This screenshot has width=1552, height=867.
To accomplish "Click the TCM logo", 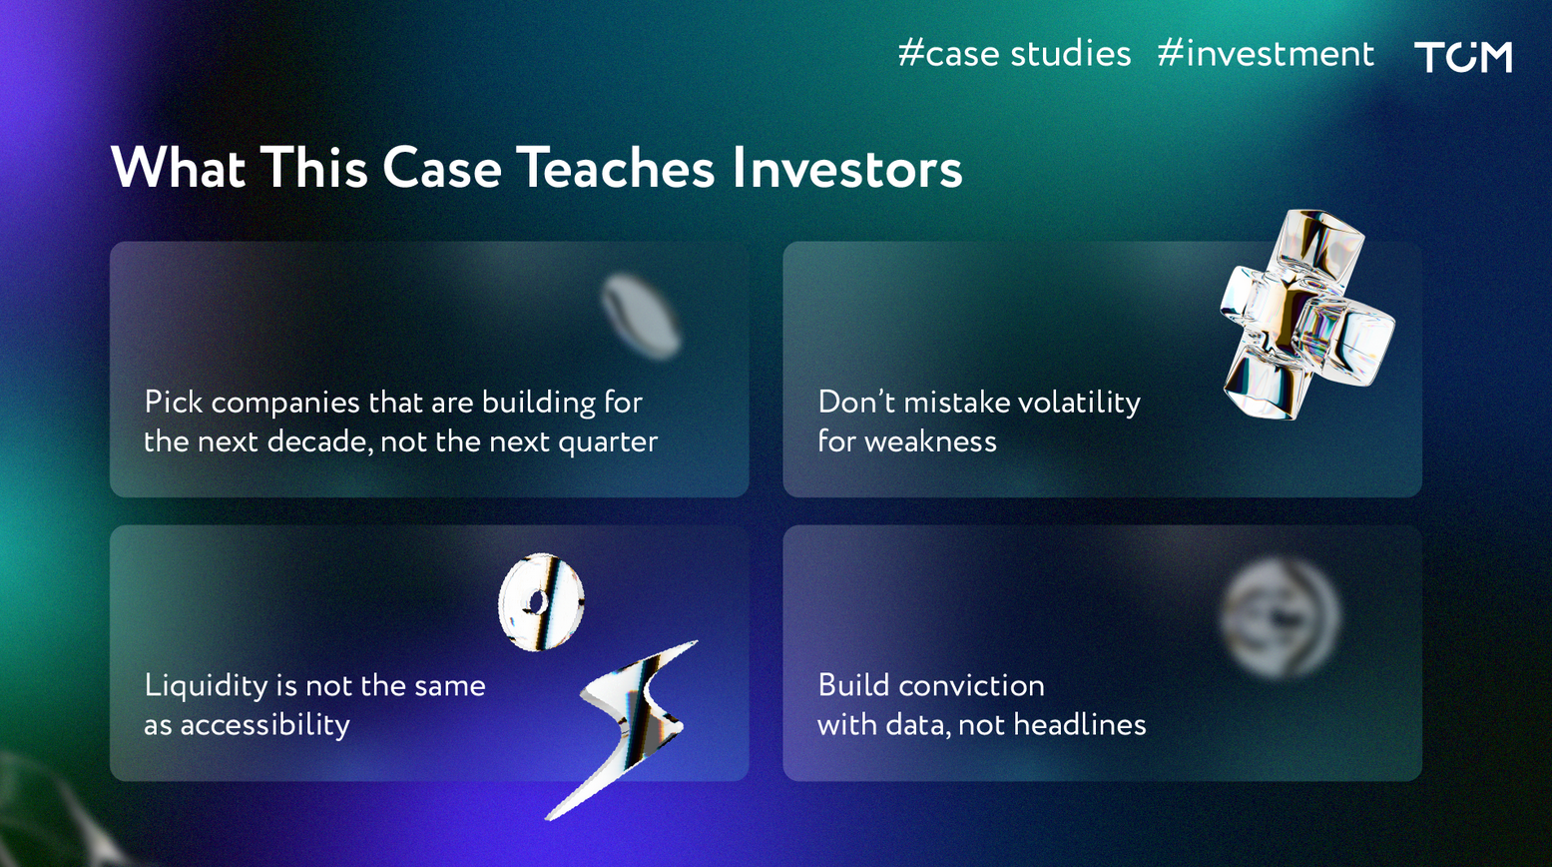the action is click(x=1462, y=56).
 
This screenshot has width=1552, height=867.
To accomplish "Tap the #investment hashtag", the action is click(x=1266, y=54).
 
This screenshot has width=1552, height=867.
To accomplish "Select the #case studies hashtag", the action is click(x=1014, y=54).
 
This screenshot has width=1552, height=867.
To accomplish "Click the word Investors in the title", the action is click(x=847, y=169).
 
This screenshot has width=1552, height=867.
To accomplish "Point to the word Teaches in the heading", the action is click(x=616, y=167).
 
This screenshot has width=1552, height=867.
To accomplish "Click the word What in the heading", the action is click(x=178, y=167).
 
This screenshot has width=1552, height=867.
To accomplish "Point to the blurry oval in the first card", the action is click(x=641, y=317).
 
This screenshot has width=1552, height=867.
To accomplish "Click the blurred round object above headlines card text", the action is click(x=1281, y=618).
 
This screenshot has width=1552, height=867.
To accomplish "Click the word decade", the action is click(x=318, y=441).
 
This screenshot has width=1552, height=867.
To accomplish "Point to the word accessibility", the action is click(x=265, y=726).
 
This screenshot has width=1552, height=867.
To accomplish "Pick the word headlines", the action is click(x=1080, y=725).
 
